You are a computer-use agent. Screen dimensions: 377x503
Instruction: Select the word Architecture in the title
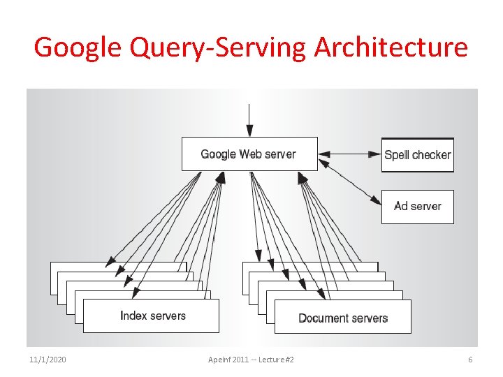[x=391, y=47]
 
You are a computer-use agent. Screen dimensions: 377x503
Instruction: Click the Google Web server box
[x=249, y=154]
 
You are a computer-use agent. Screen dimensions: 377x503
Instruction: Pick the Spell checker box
[x=417, y=155]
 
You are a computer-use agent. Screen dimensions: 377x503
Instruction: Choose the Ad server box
[x=417, y=207]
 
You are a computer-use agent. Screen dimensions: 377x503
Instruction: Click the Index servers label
[x=153, y=316]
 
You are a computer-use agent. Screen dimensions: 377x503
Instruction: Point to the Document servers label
[x=343, y=318]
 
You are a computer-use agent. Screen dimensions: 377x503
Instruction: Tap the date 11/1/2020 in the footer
[x=48, y=359]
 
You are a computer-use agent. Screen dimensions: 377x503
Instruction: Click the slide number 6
[x=470, y=359]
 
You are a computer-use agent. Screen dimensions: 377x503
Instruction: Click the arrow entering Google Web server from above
[x=249, y=119]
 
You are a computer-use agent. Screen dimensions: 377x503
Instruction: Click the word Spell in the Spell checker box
[x=397, y=155]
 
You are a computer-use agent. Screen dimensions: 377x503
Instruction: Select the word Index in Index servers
[x=133, y=316]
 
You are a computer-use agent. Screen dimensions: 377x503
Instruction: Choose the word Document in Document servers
[x=323, y=318]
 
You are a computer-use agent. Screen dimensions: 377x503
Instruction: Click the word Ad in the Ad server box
[x=401, y=207]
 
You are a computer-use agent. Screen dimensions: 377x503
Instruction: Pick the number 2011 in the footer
[x=239, y=359]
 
